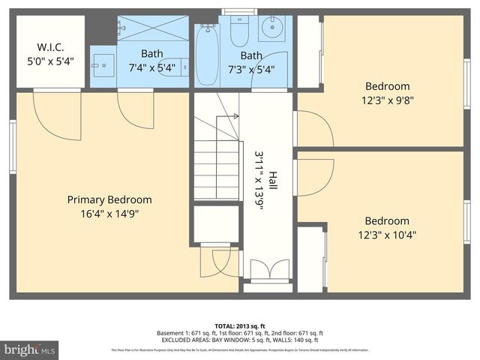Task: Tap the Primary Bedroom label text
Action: click(109, 199)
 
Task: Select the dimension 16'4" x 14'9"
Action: click(109, 214)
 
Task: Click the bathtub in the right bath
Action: click(206, 55)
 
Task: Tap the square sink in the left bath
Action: click(103, 60)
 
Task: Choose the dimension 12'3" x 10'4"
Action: click(387, 235)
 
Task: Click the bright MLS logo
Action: click(29, 349)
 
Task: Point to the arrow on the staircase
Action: click(235, 116)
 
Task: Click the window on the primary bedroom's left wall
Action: click(13, 147)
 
